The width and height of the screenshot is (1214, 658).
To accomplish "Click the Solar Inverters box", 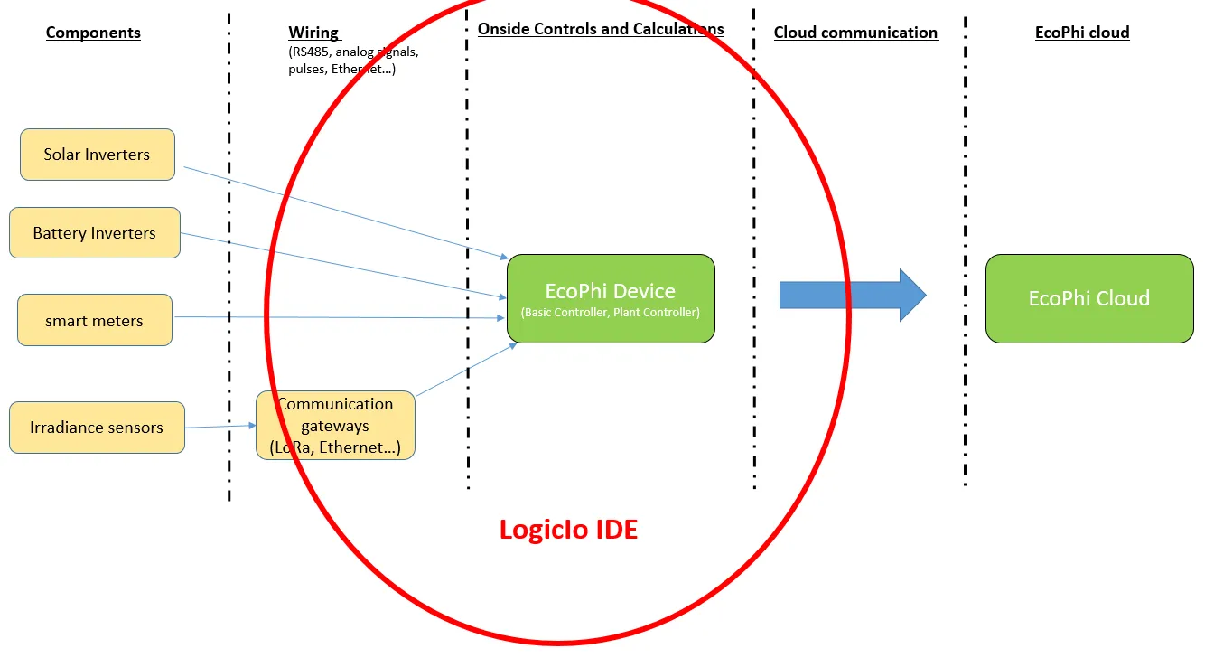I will tap(97, 155).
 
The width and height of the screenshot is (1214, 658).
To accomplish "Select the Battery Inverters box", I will tap(95, 233).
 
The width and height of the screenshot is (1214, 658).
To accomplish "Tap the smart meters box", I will tap(95, 320).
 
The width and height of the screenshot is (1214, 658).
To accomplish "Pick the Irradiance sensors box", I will tap(97, 428).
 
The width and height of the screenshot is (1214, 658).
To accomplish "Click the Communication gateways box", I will tap(335, 426).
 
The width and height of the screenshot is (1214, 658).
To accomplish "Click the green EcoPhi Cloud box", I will tap(1089, 298).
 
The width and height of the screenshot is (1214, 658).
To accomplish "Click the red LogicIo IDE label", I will tap(568, 529).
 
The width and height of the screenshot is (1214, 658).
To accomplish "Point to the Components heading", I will tap(93, 33).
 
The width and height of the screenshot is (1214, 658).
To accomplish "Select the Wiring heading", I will tap(313, 33).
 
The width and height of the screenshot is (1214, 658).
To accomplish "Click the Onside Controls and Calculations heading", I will tap(601, 29).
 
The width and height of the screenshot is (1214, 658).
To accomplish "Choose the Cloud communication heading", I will tap(855, 33).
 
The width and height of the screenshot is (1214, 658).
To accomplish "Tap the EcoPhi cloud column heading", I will tap(1082, 33).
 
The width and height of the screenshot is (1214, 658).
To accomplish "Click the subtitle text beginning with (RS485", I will tap(353, 60).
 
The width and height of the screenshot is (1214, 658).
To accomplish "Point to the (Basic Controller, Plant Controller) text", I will tap(611, 313).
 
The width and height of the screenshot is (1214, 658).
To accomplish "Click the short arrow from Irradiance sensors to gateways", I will tap(220, 426).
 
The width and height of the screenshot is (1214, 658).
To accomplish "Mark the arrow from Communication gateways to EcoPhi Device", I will tap(465, 369).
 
